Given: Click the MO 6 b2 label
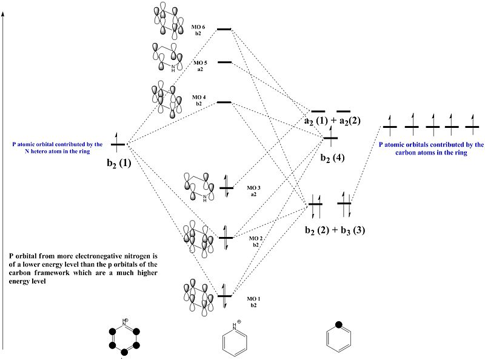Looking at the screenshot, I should click(x=198, y=30).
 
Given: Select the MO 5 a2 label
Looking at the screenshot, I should click(x=200, y=65).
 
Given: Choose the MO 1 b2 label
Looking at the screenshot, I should click(x=253, y=302).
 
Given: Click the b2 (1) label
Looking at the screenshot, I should click(x=119, y=163).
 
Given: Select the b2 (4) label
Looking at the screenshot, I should click(x=333, y=157).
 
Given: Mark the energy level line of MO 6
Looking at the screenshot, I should click(x=224, y=29).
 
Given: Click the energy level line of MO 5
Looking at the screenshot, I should click(x=224, y=62).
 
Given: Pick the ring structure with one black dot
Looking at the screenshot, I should click(x=339, y=338).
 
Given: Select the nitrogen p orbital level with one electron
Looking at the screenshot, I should click(x=118, y=144).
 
